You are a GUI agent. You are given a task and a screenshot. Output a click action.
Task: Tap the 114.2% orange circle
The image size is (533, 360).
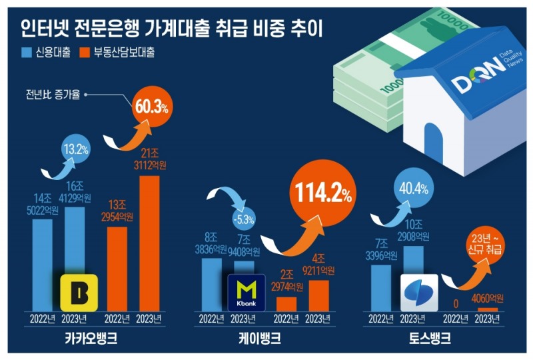click(x=318, y=194)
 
